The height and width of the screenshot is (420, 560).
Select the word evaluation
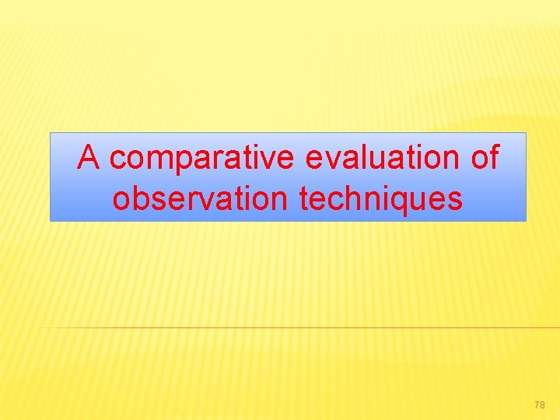[x=379, y=158]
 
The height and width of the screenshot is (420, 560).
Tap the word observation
[x=200, y=198]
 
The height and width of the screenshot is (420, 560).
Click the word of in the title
[x=485, y=158]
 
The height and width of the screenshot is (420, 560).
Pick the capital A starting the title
[x=89, y=158]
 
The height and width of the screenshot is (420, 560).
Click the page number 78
[x=540, y=405]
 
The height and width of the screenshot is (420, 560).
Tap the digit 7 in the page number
[x=537, y=405]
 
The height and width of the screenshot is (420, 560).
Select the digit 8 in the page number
[x=543, y=405]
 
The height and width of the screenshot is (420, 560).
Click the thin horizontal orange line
[x=311, y=328]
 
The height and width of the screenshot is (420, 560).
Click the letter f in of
[x=494, y=157]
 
